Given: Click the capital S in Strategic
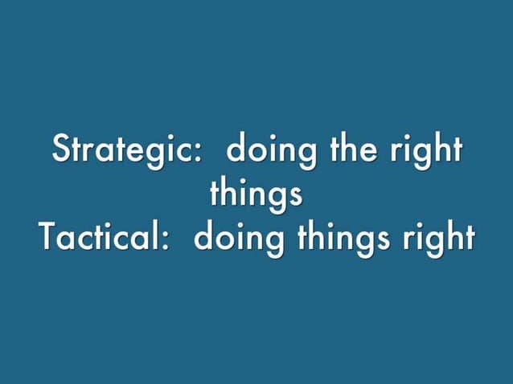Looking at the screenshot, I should tap(61, 150).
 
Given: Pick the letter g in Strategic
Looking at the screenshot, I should tap(161, 155).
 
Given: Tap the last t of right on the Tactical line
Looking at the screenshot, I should tap(468, 237).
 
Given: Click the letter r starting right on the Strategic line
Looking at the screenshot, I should tap(393, 153).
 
